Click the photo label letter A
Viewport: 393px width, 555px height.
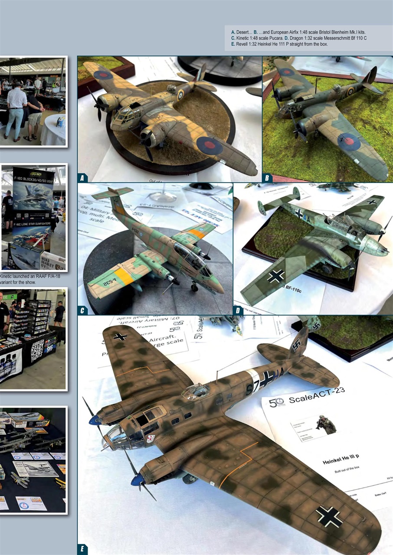click(x=82, y=178)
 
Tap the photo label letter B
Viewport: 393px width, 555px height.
click(x=267, y=178)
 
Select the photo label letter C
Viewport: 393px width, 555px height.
click(x=82, y=310)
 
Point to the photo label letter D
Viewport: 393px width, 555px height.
click(x=238, y=310)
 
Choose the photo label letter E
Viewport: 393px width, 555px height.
click(x=82, y=550)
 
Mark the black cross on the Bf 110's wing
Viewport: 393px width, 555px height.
click(x=275, y=275)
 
